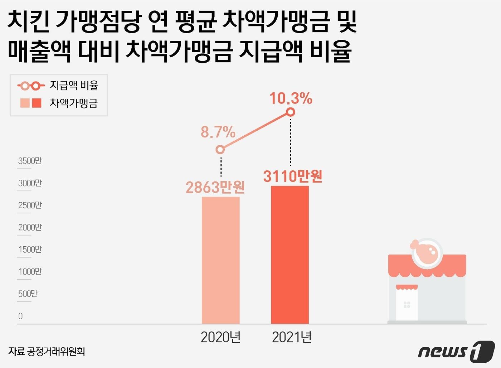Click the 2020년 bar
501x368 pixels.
click(220, 260)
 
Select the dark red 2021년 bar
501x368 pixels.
click(290, 255)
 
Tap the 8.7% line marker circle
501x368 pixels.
click(220, 150)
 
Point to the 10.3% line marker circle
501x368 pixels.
click(291, 112)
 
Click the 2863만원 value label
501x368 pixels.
click(215, 187)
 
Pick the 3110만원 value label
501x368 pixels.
click(293, 176)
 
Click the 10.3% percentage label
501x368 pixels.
click(291, 98)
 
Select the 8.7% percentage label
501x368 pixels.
click(218, 132)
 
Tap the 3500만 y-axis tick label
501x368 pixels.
click(30, 161)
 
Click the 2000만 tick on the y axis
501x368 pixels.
click(30, 227)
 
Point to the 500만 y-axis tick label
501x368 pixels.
click(28, 294)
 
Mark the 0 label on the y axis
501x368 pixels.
click(20, 316)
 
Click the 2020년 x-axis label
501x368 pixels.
click(220, 337)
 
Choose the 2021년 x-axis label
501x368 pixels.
click(292, 337)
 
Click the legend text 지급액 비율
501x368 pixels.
click(74, 86)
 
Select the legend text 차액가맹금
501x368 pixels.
click(74, 103)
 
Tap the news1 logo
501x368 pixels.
click(456, 351)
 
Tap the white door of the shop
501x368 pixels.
click(407, 304)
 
